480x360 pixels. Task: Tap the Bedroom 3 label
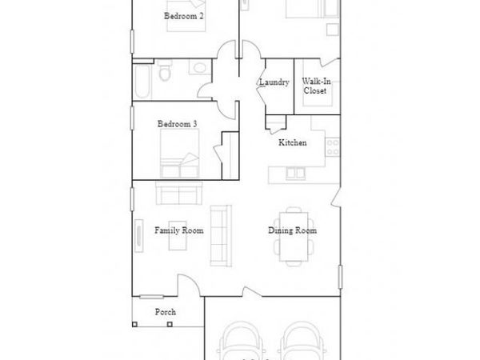click(x=177, y=123)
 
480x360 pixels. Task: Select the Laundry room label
click(x=274, y=82)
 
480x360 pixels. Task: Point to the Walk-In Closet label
click(x=313, y=86)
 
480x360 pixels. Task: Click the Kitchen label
click(x=291, y=142)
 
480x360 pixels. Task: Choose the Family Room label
click(x=178, y=230)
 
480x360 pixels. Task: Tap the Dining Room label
click(x=292, y=230)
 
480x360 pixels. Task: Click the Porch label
click(x=166, y=312)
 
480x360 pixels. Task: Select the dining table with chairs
click(x=294, y=236)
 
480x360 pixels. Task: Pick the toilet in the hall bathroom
click(x=165, y=74)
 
